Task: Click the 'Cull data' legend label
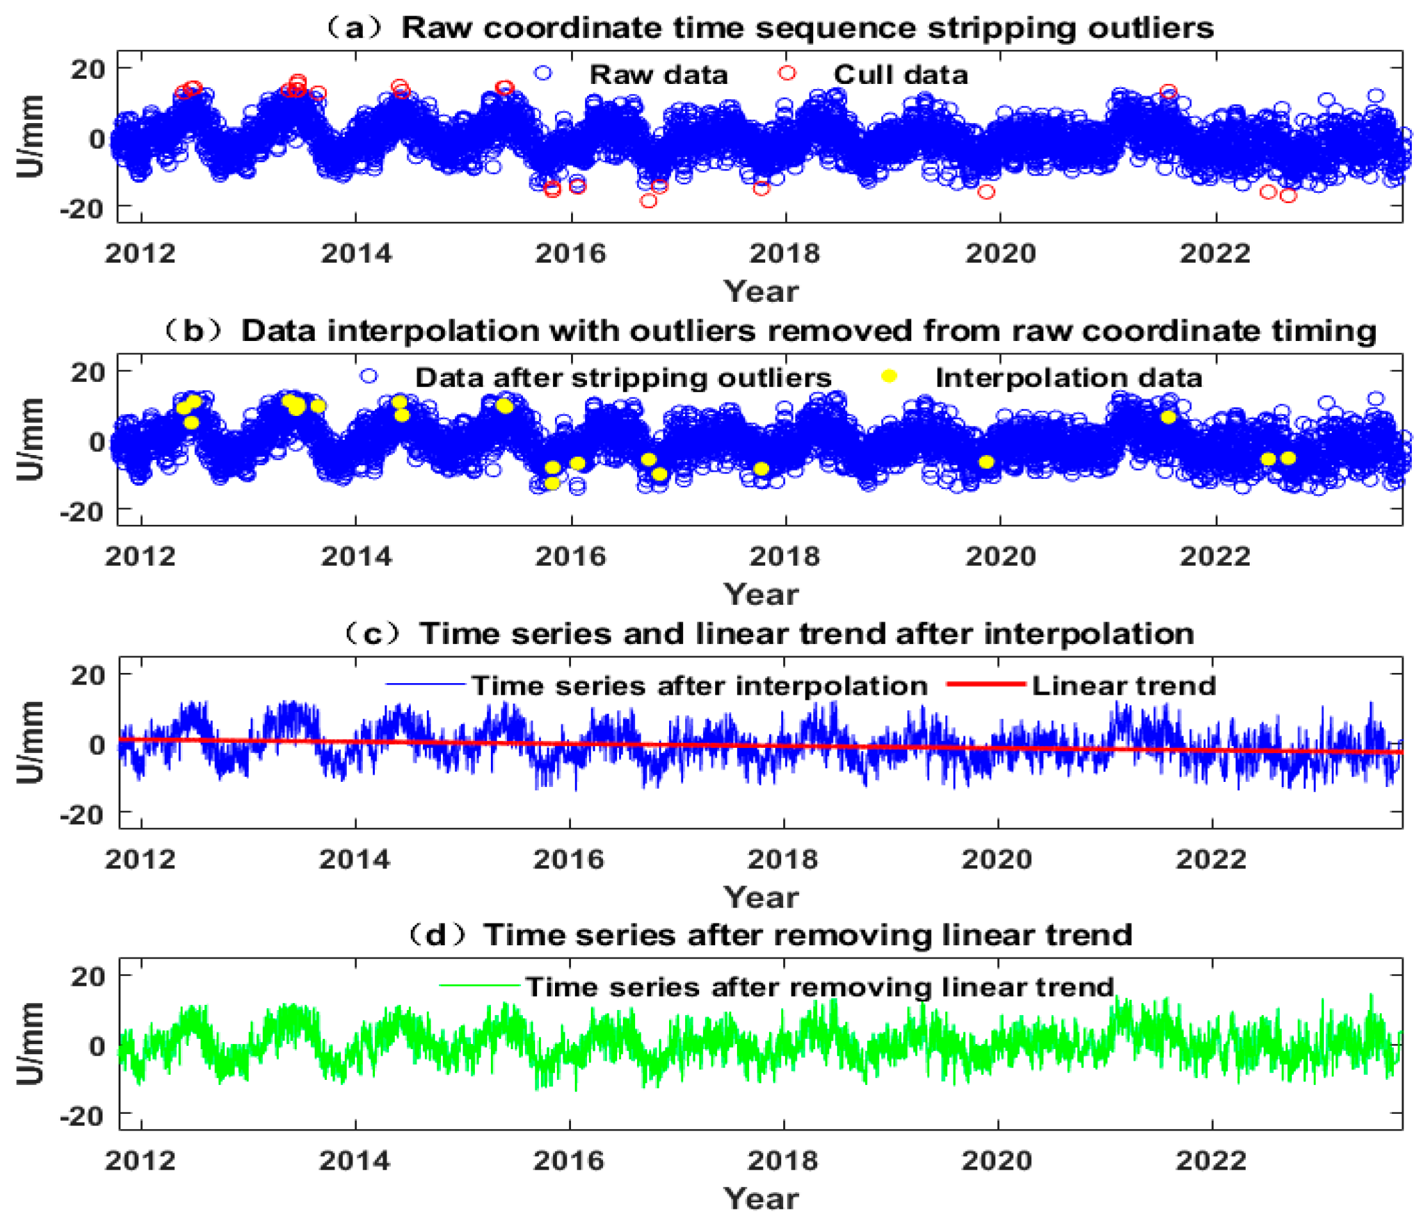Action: point(900,75)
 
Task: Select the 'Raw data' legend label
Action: point(658,75)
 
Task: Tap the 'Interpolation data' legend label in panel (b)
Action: point(1069,378)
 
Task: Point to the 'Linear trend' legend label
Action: point(1123,686)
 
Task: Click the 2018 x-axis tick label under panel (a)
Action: point(784,254)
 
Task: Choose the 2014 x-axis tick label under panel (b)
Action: point(356,556)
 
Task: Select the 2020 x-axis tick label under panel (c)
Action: point(997,859)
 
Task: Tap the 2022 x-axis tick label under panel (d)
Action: point(1211,1161)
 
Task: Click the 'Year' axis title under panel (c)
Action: point(761,897)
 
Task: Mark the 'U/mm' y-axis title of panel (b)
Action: point(30,440)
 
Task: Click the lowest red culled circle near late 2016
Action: point(648,201)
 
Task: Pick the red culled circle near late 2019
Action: point(986,192)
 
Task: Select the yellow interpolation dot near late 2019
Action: point(986,462)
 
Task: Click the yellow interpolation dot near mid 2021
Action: point(1168,417)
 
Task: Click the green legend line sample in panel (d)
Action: point(479,986)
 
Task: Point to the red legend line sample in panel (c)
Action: point(986,684)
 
